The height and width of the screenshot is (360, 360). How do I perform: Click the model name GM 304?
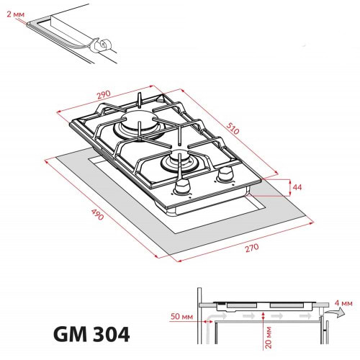coord(91,334)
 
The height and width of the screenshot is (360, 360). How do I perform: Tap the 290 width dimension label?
coord(104,95)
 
